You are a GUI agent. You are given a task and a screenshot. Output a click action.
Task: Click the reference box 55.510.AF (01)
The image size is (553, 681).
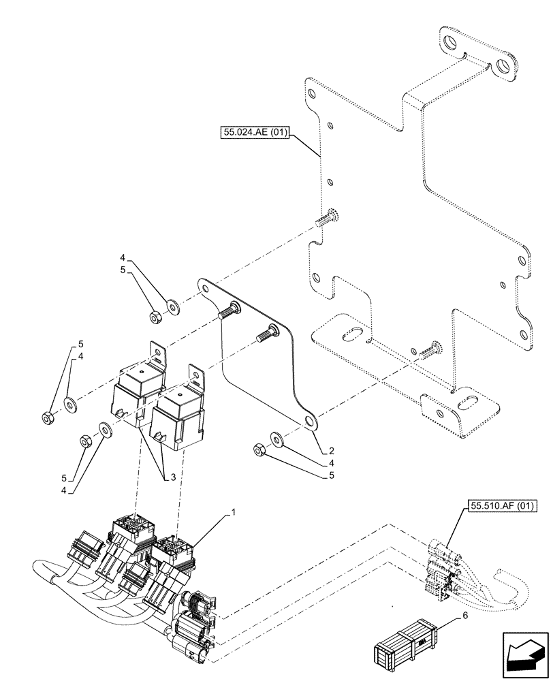click(x=503, y=505)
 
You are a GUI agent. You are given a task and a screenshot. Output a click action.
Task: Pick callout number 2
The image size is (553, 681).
click(x=330, y=451)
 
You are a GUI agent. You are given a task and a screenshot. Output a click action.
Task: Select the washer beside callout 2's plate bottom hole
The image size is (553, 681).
click(x=277, y=437)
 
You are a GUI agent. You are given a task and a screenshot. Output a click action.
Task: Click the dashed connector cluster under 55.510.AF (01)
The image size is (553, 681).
click(x=442, y=567)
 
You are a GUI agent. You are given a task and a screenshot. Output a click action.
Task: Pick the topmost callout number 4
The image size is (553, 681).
click(x=123, y=257)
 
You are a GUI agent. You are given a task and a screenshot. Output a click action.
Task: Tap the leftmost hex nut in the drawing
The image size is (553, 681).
click(x=48, y=418)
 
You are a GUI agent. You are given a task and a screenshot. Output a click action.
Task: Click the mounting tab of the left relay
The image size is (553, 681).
click(x=159, y=355)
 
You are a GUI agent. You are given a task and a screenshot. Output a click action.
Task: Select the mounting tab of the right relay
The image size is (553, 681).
click(x=197, y=375)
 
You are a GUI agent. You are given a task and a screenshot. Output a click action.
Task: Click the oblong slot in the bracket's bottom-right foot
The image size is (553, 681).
click(x=469, y=405)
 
